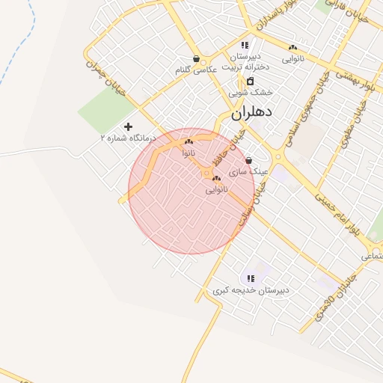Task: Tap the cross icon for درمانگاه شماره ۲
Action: pyautogui.click(x=128, y=127)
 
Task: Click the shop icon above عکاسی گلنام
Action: pyautogui.click(x=196, y=59)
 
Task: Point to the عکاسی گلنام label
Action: pyautogui.click(x=196, y=70)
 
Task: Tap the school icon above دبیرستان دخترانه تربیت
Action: pyautogui.click(x=245, y=46)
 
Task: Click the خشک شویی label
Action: pyautogui.click(x=251, y=92)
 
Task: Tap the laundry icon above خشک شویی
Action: pyautogui.click(x=250, y=81)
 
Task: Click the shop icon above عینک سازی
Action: pyautogui.click(x=248, y=160)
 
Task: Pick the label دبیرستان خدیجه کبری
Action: pyautogui.click(x=251, y=289)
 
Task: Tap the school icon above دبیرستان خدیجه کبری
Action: pyautogui.click(x=251, y=278)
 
